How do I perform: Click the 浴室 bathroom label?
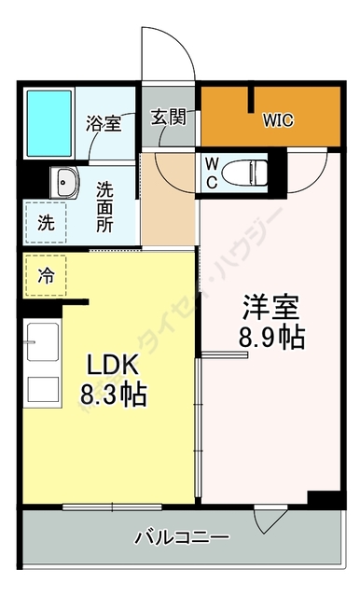[104, 124]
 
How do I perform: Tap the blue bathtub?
[48, 123]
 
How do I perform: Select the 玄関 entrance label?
[169, 118]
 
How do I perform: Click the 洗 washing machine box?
[45, 223]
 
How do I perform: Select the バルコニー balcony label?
[181, 538]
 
